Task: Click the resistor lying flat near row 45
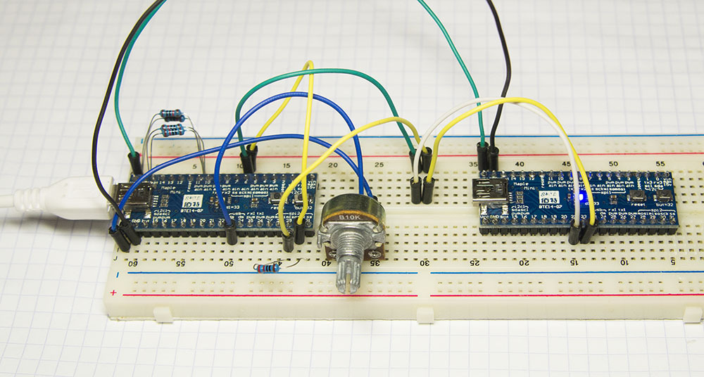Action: click(268, 267)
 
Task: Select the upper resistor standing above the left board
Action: click(172, 115)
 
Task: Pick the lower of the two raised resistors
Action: click(172, 130)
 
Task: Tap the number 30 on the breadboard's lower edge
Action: click(425, 262)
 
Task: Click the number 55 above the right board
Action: click(660, 163)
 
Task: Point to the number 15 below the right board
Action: click(574, 262)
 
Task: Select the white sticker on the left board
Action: click(189, 198)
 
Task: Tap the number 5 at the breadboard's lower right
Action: click(674, 262)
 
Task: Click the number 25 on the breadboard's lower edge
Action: click(474, 262)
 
